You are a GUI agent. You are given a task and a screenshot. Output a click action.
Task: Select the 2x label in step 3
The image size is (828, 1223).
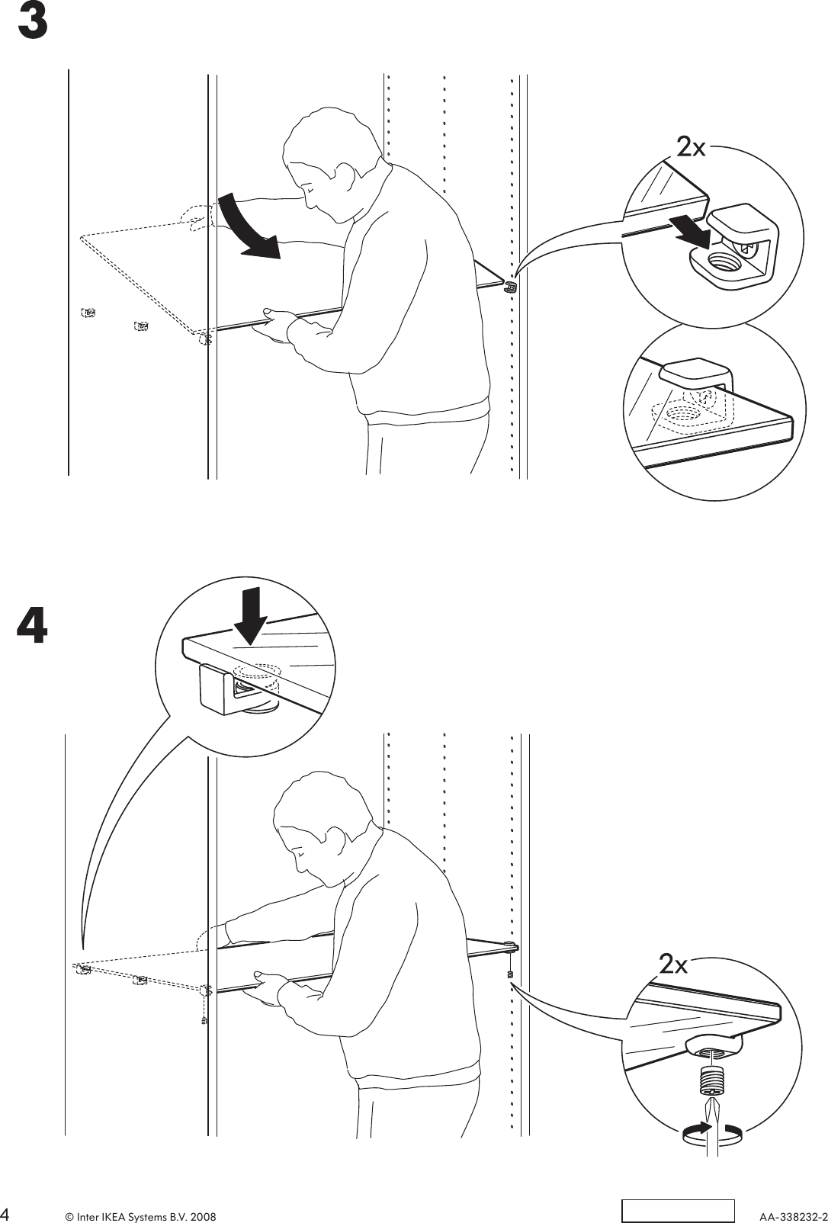(691, 146)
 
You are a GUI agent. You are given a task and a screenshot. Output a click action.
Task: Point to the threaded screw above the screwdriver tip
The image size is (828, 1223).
(711, 1082)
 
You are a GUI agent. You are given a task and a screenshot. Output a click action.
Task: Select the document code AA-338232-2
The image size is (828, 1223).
(792, 1213)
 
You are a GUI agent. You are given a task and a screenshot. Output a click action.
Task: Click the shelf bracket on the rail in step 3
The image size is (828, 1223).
(510, 287)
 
